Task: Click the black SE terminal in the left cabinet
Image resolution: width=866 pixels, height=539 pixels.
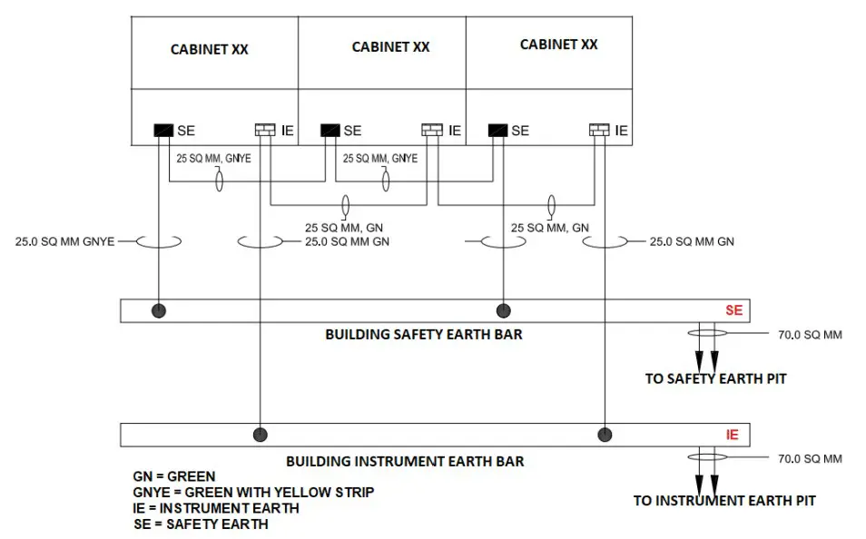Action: (163, 131)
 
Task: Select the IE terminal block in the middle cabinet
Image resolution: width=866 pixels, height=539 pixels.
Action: (432, 130)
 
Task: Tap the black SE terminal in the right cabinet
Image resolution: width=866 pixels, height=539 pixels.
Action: (497, 131)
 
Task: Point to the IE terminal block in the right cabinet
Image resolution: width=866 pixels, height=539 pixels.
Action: (599, 130)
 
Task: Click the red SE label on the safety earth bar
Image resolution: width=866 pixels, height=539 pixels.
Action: (734, 310)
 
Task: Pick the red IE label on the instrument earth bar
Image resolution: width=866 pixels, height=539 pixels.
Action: (733, 436)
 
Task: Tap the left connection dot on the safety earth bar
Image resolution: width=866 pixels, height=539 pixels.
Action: (159, 311)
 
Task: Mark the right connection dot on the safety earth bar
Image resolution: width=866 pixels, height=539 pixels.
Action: (504, 311)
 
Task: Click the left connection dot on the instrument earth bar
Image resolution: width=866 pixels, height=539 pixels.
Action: (261, 436)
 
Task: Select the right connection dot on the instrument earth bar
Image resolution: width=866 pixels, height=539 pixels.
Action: (605, 436)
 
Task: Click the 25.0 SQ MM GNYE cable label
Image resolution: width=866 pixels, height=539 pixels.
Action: (64, 242)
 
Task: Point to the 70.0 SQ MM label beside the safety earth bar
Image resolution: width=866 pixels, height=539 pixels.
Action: (811, 335)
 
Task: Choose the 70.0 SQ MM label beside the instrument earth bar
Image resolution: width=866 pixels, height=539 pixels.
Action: (811, 459)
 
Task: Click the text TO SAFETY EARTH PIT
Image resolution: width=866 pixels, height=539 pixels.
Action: (716, 379)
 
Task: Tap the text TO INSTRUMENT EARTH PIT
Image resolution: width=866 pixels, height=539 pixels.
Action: (724, 501)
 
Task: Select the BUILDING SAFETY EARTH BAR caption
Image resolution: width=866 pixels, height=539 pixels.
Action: (424, 335)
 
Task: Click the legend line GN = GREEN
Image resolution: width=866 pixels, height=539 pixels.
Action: (174, 476)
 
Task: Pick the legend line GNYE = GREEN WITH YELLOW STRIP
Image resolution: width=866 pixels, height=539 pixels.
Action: (253, 492)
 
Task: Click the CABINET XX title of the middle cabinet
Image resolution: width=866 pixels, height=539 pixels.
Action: (390, 47)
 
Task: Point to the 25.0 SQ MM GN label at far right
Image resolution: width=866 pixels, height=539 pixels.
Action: (692, 242)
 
